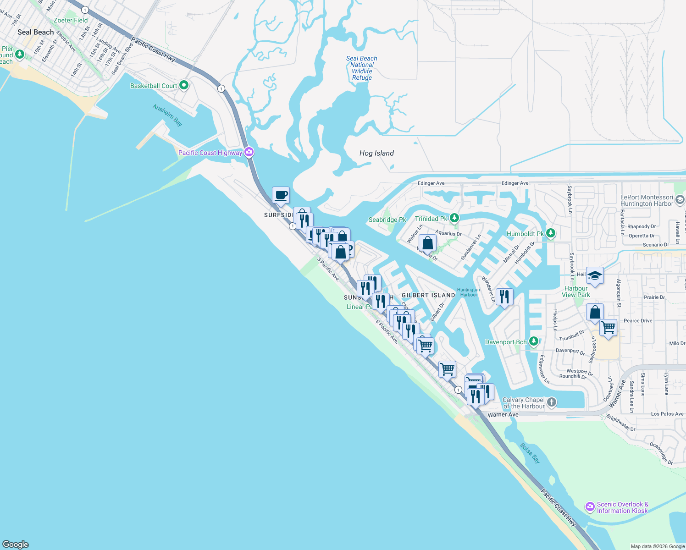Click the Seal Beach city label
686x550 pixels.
(x=35, y=32)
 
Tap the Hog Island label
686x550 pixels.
(x=376, y=153)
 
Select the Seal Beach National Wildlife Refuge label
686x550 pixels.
(x=362, y=68)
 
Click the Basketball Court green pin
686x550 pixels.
(x=184, y=85)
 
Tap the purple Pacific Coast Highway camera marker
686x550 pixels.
(x=249, y=152)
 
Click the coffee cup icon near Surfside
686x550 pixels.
(x=281, y=195)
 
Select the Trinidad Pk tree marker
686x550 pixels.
(x=454, y=218)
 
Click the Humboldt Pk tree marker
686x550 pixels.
(x=551, y=233)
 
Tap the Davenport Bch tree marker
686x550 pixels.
(x=533, y=341)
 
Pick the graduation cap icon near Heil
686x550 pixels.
(x=595, y=275)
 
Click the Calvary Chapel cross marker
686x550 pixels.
(x=552, y=402)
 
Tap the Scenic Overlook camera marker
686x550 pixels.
(x=590, y=507)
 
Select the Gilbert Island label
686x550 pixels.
(x=428, y=295)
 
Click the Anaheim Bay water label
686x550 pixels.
(x=167, y=115)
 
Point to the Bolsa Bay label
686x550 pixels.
(x=530, y=452)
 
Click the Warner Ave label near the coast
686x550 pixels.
(x=503, y=414)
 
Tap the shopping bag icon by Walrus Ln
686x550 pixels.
(x=427, y=242)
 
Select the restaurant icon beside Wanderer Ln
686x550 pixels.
(x=504, y=297)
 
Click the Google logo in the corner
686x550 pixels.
(x=16, y=544)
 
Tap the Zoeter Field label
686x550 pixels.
(x=71, y=20)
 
